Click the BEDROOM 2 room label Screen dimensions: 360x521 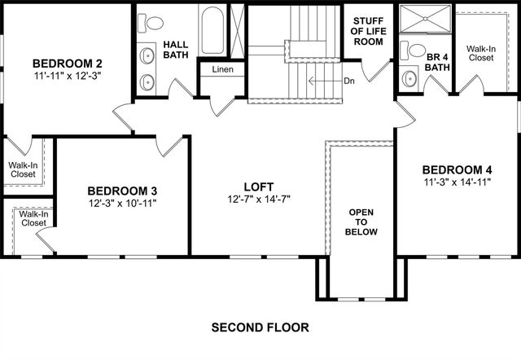point(67,64)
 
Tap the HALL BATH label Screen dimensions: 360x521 point(177,50)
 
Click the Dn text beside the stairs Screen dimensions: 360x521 point(348,81)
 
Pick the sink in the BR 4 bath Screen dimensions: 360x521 point(409,79)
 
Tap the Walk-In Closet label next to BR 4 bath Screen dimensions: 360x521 point(480,53)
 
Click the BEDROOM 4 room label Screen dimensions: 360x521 point(457,169)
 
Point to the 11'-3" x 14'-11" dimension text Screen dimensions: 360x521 point(457,183)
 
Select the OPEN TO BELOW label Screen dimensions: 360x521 point(361,221)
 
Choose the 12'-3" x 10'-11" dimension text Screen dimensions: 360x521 point(122,202)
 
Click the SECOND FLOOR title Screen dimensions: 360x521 point(260,328)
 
